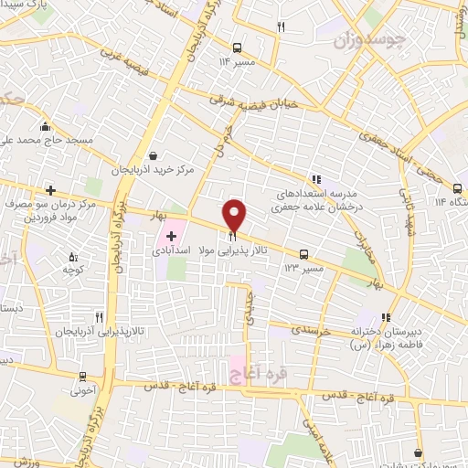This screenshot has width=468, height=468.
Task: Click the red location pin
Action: [235, 215]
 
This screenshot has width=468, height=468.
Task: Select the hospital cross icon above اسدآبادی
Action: [171, 235]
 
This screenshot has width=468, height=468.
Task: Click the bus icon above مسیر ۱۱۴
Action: [236, 48]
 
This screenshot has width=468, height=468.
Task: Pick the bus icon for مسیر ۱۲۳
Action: [303, 256]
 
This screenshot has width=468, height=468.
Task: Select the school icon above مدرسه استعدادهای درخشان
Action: [316, 180]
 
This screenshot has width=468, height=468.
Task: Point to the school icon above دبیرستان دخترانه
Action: [387, 317]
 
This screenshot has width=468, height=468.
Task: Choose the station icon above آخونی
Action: [83, 378]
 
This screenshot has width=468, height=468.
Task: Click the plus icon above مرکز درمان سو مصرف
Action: [50, 190]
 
